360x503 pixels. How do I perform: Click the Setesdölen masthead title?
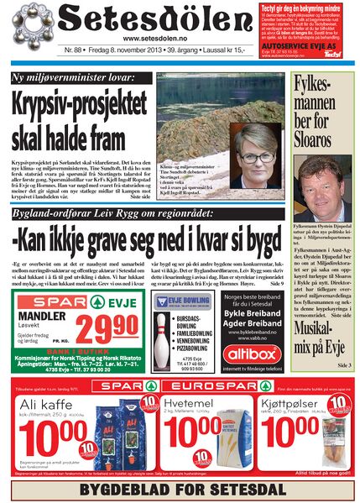[143, 19]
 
